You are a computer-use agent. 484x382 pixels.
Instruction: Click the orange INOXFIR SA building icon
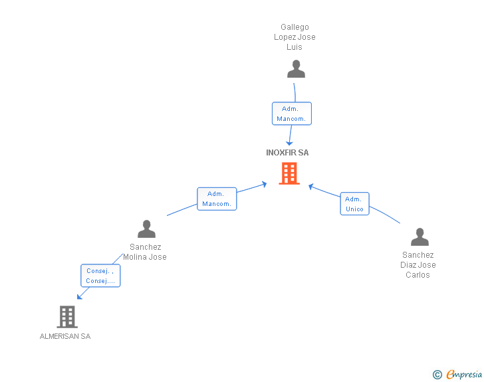click(289, 173)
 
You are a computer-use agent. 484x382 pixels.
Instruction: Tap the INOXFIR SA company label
click(287, 153)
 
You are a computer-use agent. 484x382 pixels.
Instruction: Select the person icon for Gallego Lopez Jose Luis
click(296, 68)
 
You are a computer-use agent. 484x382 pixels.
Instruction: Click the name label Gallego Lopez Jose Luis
click(295, 37)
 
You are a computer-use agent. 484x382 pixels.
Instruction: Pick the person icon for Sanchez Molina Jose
click(146, 229)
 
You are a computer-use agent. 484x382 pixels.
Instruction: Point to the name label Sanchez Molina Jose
click(145, 252)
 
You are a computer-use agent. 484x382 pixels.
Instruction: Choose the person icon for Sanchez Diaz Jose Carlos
click(420, 237)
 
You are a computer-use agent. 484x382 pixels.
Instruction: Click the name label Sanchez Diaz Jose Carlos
click(418, 264)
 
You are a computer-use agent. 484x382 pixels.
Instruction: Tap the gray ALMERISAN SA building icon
click(67, 317)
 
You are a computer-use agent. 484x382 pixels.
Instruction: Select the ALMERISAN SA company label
click(65, 336)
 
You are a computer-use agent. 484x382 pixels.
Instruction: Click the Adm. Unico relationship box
click(354, 204)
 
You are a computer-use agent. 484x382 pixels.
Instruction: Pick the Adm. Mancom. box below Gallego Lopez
click(291, 114)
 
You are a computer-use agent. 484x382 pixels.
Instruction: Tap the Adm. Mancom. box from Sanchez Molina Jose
click(217, 199)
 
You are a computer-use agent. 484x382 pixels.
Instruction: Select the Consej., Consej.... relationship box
click(100, 276)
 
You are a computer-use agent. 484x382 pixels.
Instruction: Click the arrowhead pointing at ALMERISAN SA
click(79, 297)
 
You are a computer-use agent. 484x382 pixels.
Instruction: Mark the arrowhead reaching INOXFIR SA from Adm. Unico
click(310, 186)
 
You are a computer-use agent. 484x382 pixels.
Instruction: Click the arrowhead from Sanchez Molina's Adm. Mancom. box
click(264, 183)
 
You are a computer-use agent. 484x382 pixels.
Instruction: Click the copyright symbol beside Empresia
click(437, 375)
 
